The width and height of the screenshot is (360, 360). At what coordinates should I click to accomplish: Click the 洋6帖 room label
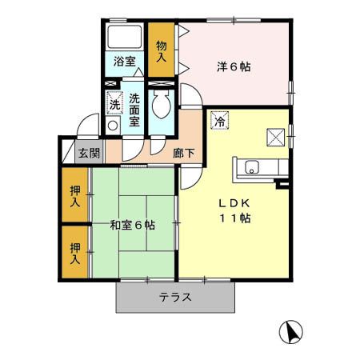(x=234, y=67)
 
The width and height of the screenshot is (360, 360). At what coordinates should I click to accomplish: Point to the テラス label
(x=175, y=297)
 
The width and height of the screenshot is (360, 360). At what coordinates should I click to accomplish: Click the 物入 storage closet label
(x=161, y=51)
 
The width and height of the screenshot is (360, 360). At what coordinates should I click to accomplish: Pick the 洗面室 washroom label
(x=134, y=110)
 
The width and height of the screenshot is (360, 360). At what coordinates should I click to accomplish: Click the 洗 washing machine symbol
(x=114, y=103)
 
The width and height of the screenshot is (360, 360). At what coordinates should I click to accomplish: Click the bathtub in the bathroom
(x=124, y=37)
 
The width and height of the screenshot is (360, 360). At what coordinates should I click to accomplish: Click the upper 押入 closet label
(x=74, y=196)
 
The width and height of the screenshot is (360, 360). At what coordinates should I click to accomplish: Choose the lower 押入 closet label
(x=74, y=254)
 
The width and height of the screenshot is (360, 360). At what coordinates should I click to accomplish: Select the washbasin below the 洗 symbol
(x=113, y=125)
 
